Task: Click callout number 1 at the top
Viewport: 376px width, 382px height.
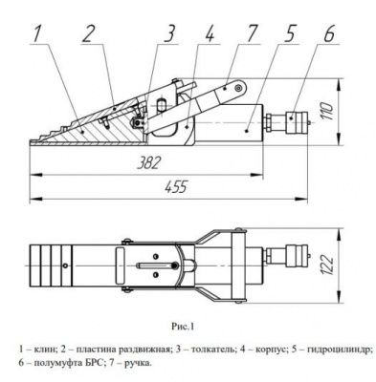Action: (37, 36)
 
